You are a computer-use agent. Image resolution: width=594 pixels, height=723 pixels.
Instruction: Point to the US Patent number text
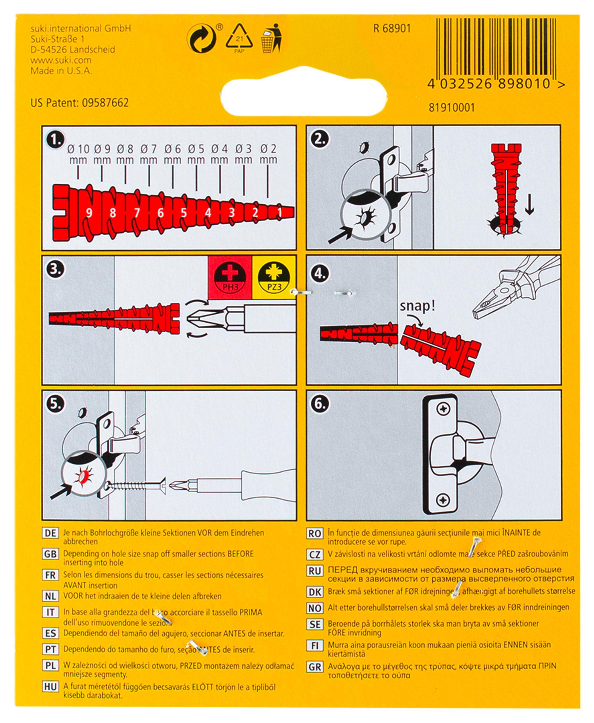(x=79, y=103)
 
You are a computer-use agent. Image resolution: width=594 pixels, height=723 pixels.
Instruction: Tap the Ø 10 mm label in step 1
(x=78, y=154)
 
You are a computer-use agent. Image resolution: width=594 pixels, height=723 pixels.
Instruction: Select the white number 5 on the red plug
(x=184, y=213)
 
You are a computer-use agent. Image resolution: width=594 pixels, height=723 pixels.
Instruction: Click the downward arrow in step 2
(x=529, y=205)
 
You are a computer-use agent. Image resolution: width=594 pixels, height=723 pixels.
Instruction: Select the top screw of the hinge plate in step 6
(x=444, y=409)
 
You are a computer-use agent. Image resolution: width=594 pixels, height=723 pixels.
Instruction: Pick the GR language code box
(x=314, y=667)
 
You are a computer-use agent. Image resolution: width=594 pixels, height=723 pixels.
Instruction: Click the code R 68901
(x=392, y=29)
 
